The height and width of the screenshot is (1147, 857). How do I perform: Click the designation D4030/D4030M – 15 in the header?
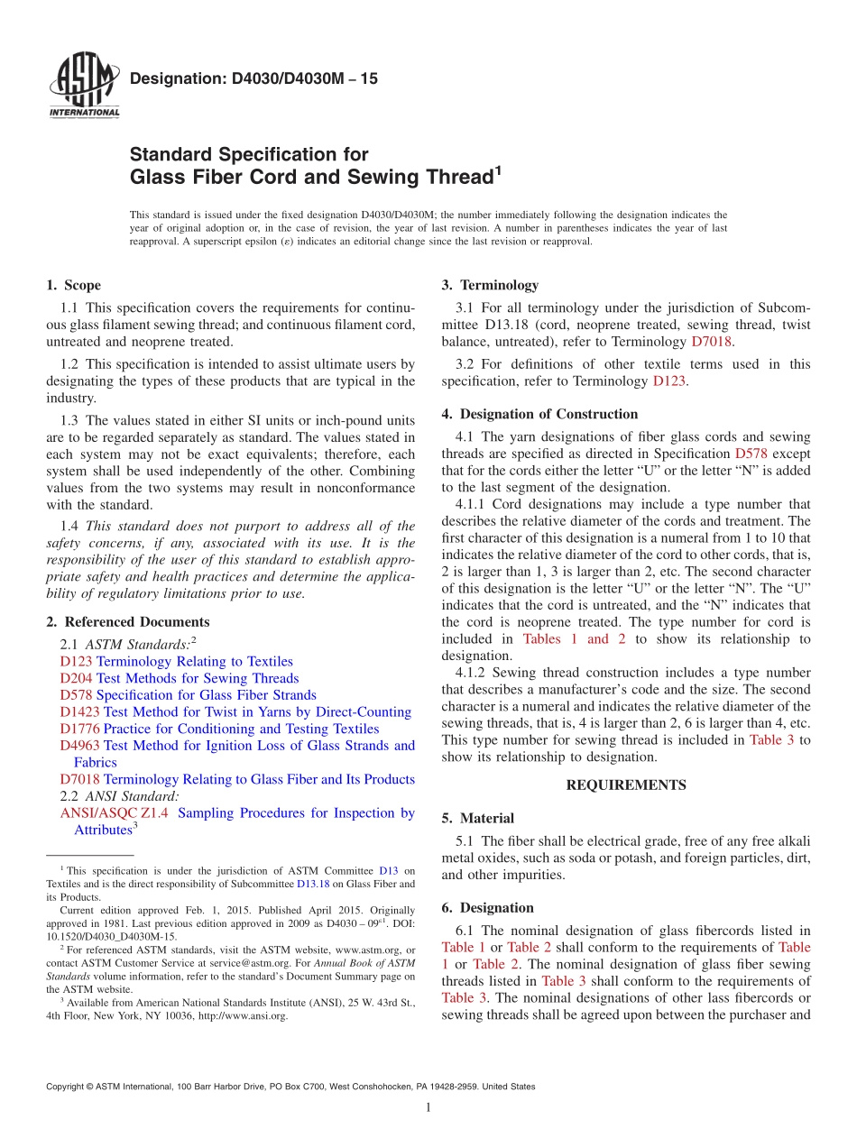(x=253, y=78)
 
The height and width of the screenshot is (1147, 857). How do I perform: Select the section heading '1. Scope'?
(x=73, y=285)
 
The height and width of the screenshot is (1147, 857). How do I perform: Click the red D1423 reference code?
(x=79, y=712)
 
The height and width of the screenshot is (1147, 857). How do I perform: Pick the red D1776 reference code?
(x=79, y=729)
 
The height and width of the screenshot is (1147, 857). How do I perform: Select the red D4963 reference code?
(x=79, y=746)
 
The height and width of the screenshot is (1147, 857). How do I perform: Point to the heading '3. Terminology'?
(x=490, y=285)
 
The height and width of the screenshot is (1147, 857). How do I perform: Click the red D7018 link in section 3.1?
(x=711, y=342)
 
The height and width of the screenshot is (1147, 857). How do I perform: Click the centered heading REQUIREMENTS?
(x=625, y=785)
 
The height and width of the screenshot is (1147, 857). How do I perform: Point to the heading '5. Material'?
(x=477, y=819)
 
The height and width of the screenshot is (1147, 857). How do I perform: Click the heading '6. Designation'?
(x=487, y=908)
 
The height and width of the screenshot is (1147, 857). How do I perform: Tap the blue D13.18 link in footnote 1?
(x=311, y=885)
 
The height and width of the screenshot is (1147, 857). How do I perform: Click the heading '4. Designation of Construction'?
(x=539, y=415)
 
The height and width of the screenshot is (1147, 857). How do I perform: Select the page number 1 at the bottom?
(x=428, y=1109)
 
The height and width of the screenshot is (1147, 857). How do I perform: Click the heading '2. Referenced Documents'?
(x=127, y=622)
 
